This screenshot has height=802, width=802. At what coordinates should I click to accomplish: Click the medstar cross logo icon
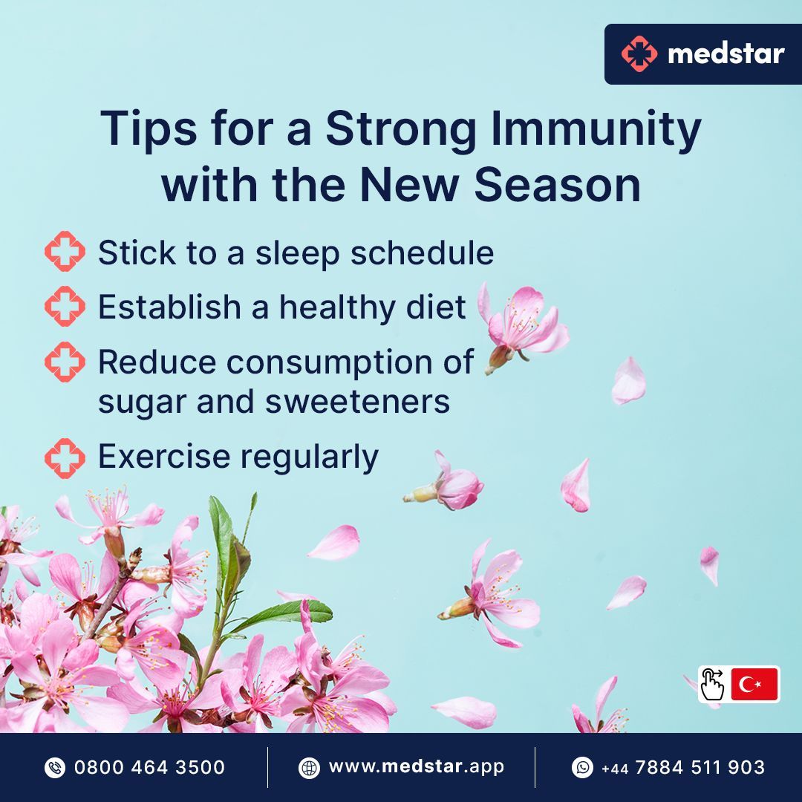(639, 54)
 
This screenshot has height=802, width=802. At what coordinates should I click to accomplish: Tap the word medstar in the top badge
(726, 53)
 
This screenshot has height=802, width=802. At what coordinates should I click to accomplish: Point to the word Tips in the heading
(140, 129)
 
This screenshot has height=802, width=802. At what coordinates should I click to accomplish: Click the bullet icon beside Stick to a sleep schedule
(65, 252)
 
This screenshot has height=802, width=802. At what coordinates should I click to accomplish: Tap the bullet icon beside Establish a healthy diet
(65, 307)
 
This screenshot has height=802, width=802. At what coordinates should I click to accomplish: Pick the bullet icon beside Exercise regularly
(65, 457)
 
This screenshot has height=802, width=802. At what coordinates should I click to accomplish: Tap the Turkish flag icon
(754, 684)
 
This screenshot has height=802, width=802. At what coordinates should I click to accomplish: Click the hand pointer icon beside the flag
(713, 684)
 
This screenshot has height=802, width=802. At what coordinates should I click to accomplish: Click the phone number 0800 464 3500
(149, 767)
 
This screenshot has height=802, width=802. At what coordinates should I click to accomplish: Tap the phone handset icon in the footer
(55, 767)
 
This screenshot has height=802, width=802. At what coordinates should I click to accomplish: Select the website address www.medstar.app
(417, 767)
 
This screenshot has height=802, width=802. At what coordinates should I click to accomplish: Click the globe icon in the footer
(309, 767)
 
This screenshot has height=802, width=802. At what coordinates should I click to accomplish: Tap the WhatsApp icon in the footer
(582, 767)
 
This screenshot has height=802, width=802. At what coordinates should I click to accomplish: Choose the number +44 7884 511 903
(683, 767)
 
